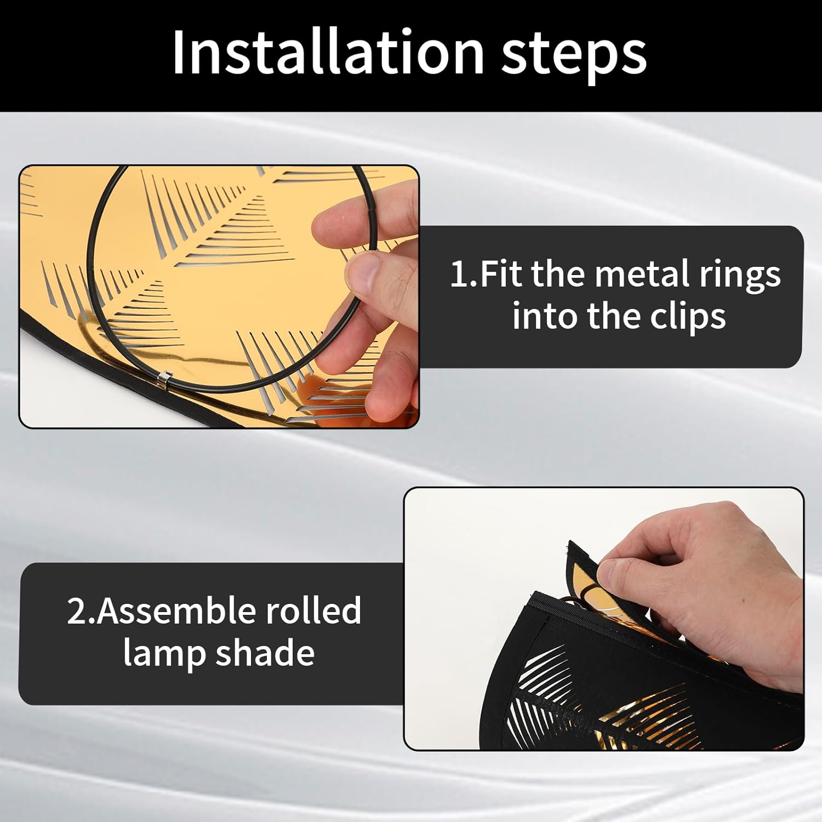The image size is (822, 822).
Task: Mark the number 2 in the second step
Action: point(76,611)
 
